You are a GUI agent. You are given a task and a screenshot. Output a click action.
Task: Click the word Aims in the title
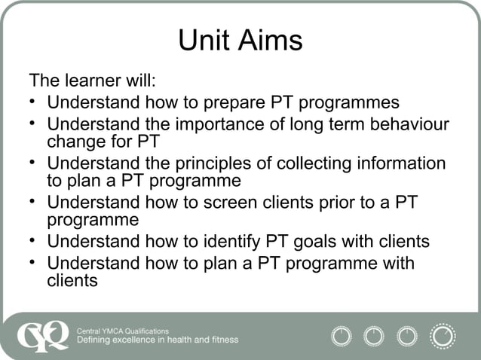coord(269,41)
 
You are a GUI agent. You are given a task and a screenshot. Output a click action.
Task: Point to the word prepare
coord(222,102)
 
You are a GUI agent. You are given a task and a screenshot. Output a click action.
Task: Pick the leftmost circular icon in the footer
coord(342,335)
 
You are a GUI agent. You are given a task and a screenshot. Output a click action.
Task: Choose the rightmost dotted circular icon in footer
coord(443,335)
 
